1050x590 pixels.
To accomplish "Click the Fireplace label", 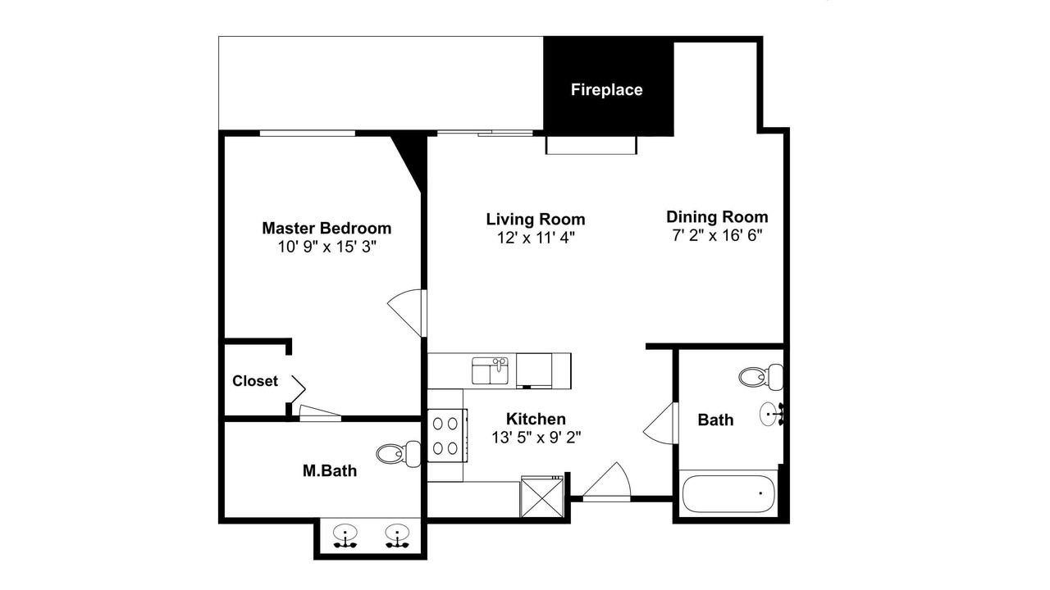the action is click(x=606, y=90).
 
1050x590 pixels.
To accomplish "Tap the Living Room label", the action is click(x=536, y=219).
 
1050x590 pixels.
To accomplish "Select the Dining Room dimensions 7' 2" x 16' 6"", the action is click(x=717, y=235).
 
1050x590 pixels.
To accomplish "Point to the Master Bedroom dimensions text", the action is click(x=327, y=247).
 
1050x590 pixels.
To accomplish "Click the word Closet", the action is click(x=255, y=381).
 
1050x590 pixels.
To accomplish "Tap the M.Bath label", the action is click(x=330, y=470).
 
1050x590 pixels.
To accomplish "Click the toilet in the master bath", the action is click(x=399, y=454).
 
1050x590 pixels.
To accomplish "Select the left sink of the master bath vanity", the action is click(x=345, y=536).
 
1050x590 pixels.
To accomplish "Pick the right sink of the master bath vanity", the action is click(x=397, y=536).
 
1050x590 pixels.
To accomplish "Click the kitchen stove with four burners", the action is click(x=448, y=435).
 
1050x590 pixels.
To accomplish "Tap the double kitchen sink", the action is click(x=490, y=371).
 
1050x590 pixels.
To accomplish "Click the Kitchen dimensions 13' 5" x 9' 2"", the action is click(x=536, y=438).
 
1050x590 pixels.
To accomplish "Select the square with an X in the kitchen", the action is click(x=542, y=497).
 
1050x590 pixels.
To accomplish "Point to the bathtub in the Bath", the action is click(x=728, y=494).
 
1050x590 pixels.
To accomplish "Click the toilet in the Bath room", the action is click(x=760, y=377).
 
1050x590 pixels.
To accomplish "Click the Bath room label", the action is click(x=716, y=420).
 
